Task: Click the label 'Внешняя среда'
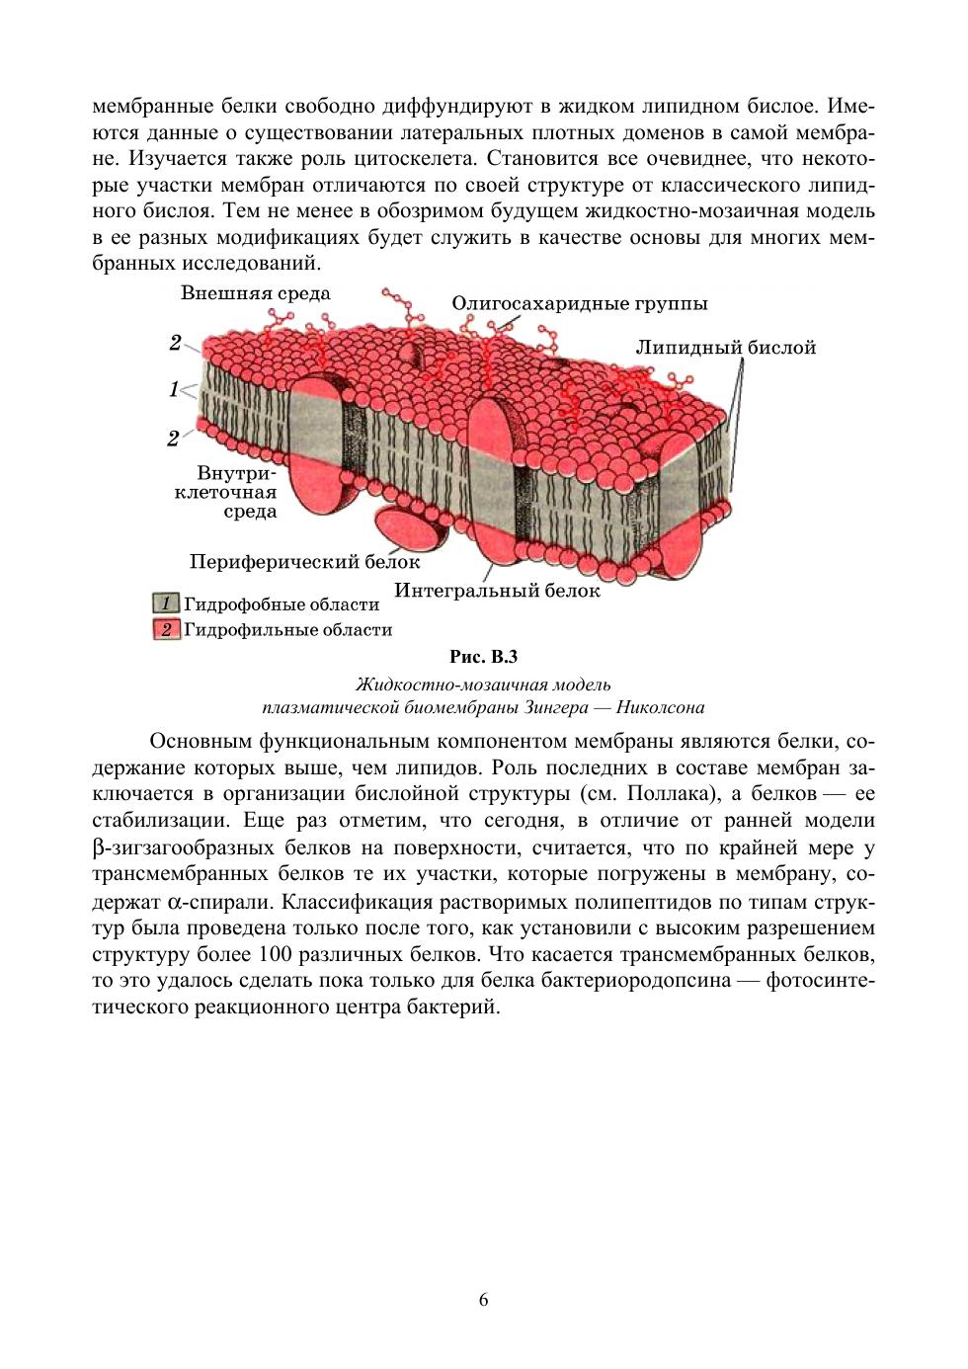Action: pyautogui.click(x=255, y=293)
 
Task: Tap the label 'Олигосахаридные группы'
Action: pyautogui.click(x=580, y=304)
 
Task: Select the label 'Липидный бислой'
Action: pyautogui.click(x=725, y=348)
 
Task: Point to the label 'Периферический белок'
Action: pyautogui.click(x=304, y=562)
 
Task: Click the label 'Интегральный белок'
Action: pyautogui.click(x=497, y=591)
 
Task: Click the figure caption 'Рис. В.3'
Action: pyautogui.click(x=483, y=657)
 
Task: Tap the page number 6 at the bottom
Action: pyautogui.click(x=483, y=1300)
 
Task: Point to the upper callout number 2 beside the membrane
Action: pyautogui.click(x=175, y=343)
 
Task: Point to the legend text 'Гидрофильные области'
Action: pyautogui.click(x=288, y=629)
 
